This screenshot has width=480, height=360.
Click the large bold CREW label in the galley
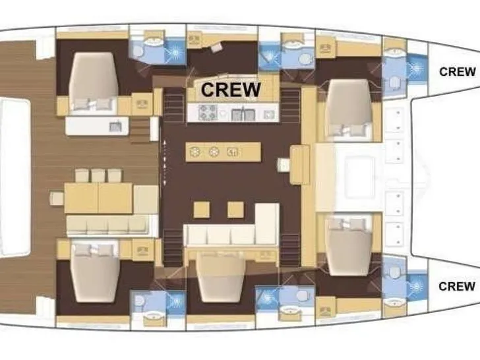pyautogui.click(x=231, y=88)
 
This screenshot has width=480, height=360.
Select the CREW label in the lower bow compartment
pyautogui.click(x=457, y=286)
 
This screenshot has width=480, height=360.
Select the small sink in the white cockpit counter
pyautogui.click(x=115, y=125)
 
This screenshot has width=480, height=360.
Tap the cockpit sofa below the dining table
pyautogui.click(x=109, y=225)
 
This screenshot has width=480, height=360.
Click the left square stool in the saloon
pyautogui.click(x=202, y=210)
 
